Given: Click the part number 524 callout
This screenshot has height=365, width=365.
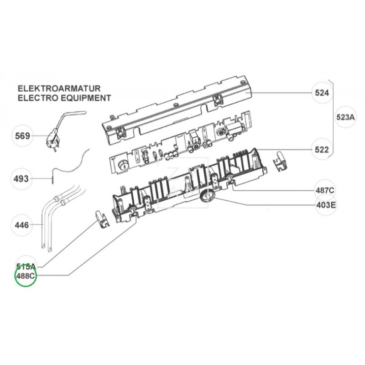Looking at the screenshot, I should pos(322,93).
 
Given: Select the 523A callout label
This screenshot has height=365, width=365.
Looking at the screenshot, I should pos(345,117).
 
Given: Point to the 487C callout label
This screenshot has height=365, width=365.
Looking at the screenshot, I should pos(325,189).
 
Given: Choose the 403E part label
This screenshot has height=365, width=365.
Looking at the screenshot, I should pos(326,205).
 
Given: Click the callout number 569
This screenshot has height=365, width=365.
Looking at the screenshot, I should pos(22,136).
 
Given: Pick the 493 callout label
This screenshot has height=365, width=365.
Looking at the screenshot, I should pos(22,178).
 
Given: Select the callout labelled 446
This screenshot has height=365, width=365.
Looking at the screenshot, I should pos(22,225).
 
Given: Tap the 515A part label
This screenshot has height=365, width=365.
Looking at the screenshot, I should pos(26,266).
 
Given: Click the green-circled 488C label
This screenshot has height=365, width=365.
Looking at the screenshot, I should pos(26,276).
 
